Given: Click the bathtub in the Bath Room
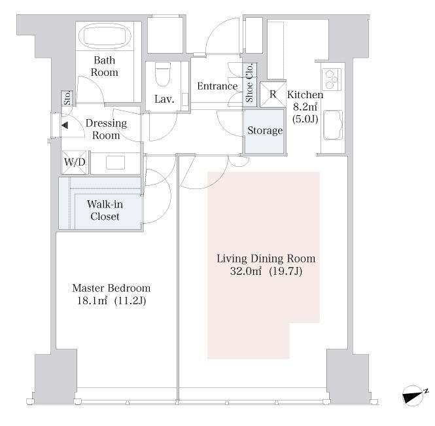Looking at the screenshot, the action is [105, 36].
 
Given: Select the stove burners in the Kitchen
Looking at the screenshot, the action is [332, 79].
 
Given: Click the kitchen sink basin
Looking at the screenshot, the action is [333, 125].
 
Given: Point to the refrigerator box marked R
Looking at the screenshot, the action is [273, 94].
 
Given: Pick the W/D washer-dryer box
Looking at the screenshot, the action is [75, 162].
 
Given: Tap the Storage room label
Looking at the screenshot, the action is [265, 130].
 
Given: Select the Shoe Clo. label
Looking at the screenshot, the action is [249, 82].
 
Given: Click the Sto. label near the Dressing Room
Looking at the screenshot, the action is [67, 98].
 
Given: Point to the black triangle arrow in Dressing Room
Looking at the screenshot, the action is [65, 126].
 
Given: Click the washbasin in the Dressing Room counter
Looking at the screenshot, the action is [115, 163].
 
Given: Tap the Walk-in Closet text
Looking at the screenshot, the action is [105, 210].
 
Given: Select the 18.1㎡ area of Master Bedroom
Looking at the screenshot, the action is [92, 301].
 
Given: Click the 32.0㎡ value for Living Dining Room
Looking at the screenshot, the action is [245, 271].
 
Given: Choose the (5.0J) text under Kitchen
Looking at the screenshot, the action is [305, 119].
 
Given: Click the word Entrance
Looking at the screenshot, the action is [217, 86].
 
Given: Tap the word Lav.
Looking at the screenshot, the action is [164, 99].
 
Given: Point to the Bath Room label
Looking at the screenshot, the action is [104, 66].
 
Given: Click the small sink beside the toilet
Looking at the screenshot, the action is [184, 99].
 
